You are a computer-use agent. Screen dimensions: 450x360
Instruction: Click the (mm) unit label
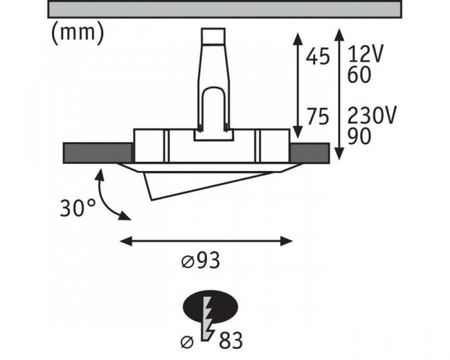(x=77, y=33)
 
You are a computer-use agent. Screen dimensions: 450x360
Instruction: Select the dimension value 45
(x=317, y=56)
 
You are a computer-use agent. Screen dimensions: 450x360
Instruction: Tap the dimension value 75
(x=317, y=116)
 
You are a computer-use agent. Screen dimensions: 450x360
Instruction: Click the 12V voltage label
(x=365, y=54)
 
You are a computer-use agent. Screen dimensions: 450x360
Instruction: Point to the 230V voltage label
(x=372, y=115)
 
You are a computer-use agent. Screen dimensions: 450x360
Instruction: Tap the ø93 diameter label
(x=200, y=260)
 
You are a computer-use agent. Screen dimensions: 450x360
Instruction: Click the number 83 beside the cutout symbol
(x=230, y=340)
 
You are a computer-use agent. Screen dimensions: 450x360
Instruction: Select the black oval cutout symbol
(x=210, y=307)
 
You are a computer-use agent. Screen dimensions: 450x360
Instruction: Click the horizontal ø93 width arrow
(x=206, y=241)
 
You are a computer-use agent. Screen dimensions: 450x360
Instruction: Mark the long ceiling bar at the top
(x=224, y=9)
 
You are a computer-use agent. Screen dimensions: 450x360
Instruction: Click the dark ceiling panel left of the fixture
(x=97, y=152)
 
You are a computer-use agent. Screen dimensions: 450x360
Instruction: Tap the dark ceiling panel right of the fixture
(x=309, y=152)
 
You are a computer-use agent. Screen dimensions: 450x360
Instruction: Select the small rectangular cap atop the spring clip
(x=213, y=36)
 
